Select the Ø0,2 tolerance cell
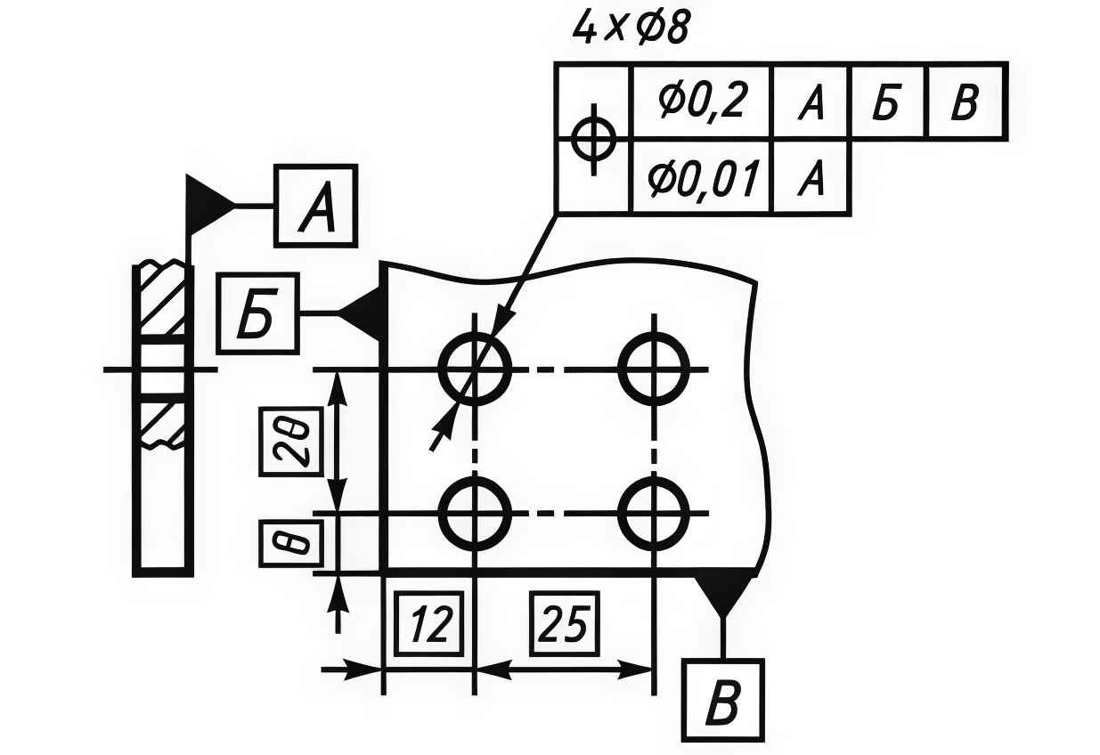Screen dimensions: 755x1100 [700, 103]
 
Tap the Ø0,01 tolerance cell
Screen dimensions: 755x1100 [701, 178]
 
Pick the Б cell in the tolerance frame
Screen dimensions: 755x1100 [889, 103]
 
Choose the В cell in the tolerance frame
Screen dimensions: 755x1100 [966, 103]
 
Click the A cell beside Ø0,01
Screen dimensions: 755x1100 [811, 178]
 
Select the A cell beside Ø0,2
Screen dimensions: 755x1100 [811, 103]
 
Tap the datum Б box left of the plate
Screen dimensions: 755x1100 [258, 313]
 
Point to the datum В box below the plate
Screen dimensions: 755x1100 [722, 701]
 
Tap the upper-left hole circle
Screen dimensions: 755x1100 [476, 368]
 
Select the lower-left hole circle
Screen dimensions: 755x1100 [476, 514]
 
